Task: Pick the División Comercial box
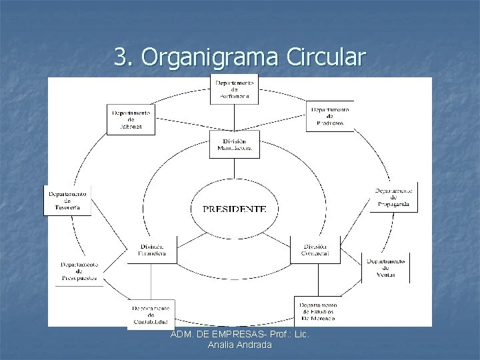tap(314, 249)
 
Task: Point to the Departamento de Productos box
tap(330, 115)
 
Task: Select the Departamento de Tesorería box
tap(67, 199)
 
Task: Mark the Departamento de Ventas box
tap(385, 266)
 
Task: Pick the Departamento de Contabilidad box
tap(151, 314)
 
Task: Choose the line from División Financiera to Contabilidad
tap(151, 280)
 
